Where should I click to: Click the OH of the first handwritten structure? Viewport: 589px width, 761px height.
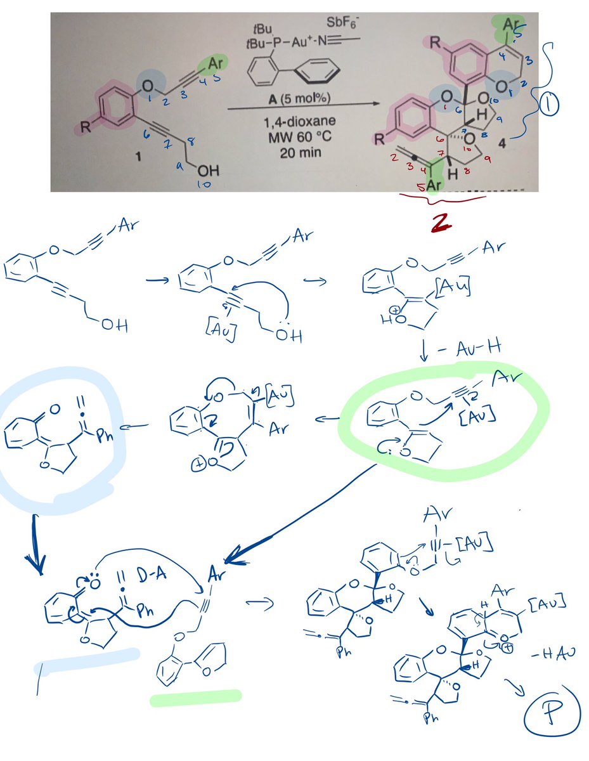click(x=112, y=326)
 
